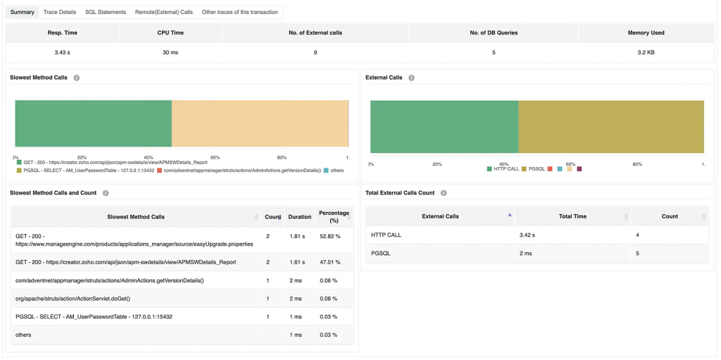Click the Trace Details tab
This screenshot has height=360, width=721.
[x=59, y=12]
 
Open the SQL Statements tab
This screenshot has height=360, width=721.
[x=106, y=12]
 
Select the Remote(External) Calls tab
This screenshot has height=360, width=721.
[x=163, y=12]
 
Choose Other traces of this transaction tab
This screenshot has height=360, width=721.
[x=239, y=12]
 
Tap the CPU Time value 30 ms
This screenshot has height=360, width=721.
[x=170, y=53]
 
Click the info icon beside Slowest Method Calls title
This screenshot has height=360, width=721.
[x=76, y=77]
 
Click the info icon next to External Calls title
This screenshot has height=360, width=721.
[x=411, y=77]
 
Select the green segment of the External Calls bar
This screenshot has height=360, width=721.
[x=444, y=126]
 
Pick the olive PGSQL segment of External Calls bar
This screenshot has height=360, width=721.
[x=610, y=126]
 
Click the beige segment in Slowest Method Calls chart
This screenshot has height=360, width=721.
[x=260, y=124]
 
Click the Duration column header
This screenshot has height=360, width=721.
[x=299, y=217]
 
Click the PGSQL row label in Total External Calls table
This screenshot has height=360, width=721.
[x=380, y=253]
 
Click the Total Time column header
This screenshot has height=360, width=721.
[x=572, y=216]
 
